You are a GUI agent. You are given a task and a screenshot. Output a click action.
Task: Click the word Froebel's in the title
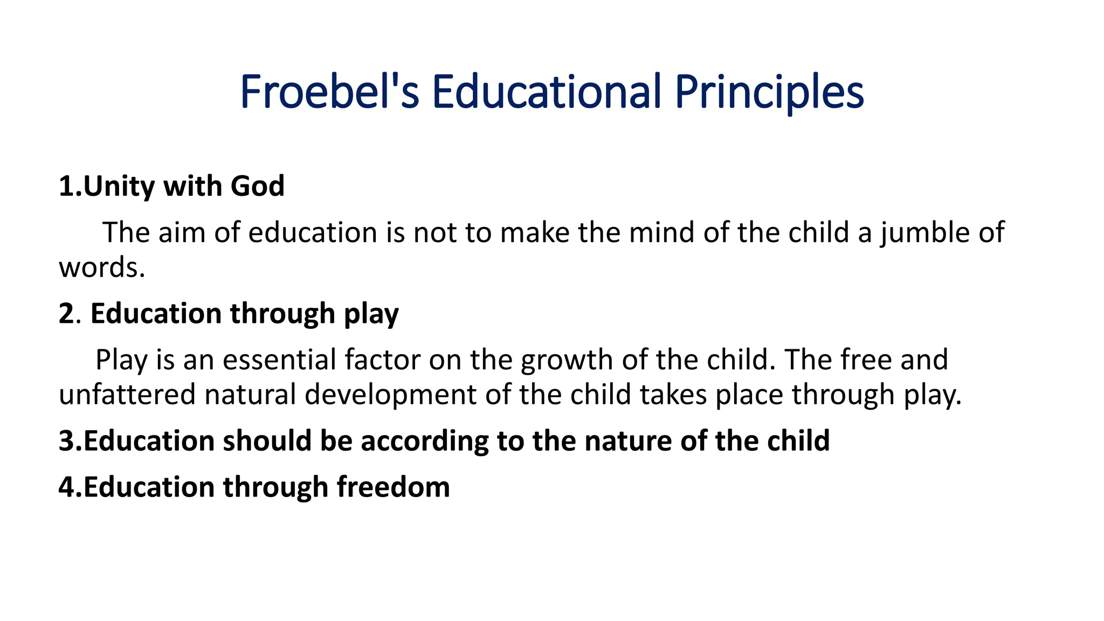pos(329,92)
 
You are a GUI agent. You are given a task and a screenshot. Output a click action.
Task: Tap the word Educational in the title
pos(547,92)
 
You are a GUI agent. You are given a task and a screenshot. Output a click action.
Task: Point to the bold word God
pos(257,187)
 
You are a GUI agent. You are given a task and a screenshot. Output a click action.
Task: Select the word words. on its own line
pos(102,268)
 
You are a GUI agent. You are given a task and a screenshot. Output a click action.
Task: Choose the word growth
pos(567,360)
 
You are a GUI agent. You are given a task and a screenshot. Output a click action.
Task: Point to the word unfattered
pos(127,395)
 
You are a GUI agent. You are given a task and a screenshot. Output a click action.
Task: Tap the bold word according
pos(424,441)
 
